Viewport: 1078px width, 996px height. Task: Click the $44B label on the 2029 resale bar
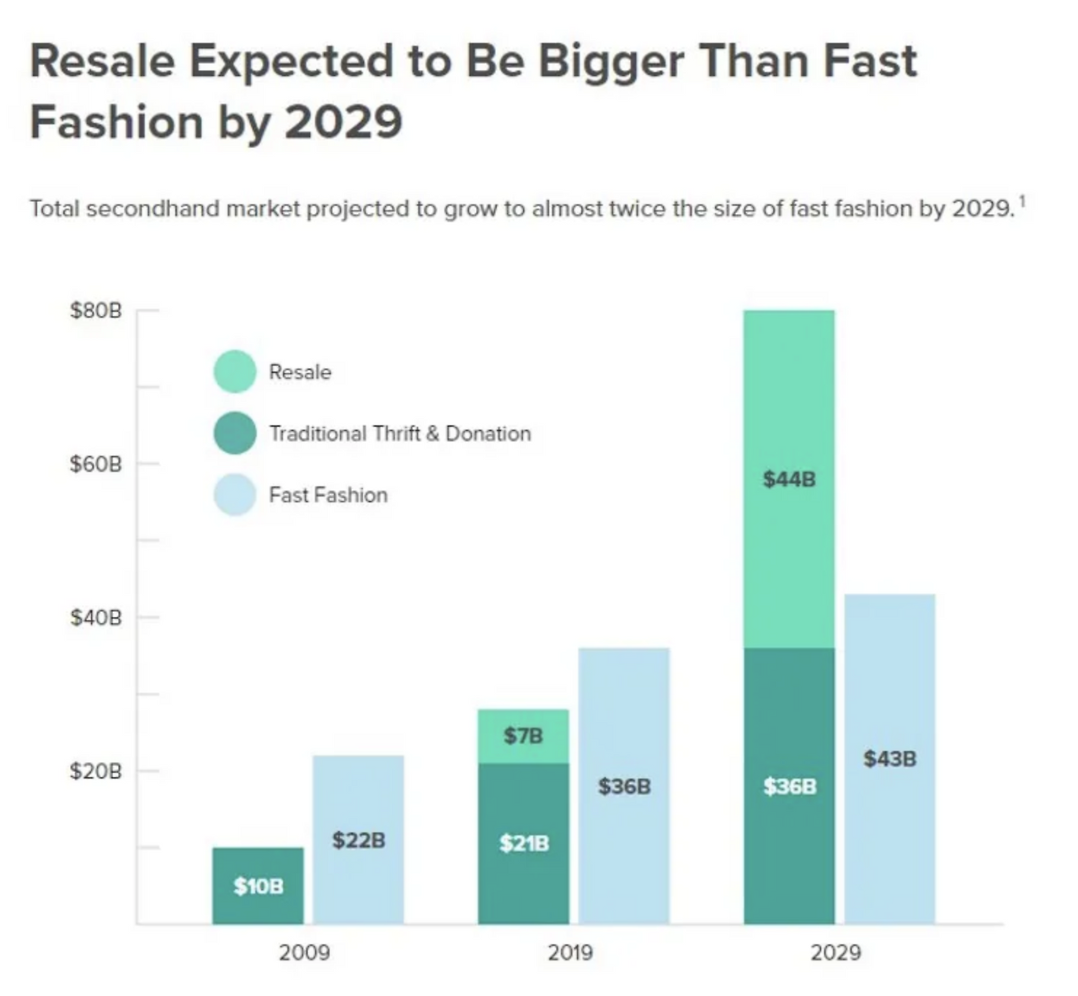coord(789,479)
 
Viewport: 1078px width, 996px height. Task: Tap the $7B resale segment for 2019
coord(523,736)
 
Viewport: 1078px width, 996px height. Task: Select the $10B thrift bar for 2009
coord(258,886)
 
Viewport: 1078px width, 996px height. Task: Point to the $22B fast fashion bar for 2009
coord(358,839)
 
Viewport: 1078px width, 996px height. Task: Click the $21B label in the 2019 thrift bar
coord(523,843)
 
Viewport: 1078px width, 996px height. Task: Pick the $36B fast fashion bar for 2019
coord(624,786)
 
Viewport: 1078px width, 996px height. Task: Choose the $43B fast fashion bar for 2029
coord(889,759)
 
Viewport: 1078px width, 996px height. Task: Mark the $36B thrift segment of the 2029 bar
coord(789,786)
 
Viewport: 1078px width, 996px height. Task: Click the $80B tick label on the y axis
coord(96,311)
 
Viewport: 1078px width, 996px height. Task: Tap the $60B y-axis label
coord(96,464)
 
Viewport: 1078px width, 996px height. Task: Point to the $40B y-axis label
coord(96,618)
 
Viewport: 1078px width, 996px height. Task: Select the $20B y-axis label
coord(96,771)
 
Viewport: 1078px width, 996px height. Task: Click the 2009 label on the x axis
coord(304,952)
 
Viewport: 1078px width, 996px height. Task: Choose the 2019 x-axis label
coord(570,952)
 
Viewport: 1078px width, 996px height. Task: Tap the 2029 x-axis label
coord(835,952)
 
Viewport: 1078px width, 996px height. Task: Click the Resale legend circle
coord(235,371)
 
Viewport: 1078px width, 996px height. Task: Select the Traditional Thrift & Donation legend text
coord(400,434)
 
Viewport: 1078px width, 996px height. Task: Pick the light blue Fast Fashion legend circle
coord(235,494)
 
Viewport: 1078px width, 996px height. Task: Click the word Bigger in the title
coord(611,61)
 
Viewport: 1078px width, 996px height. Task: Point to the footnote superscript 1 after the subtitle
coord(1022,201)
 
